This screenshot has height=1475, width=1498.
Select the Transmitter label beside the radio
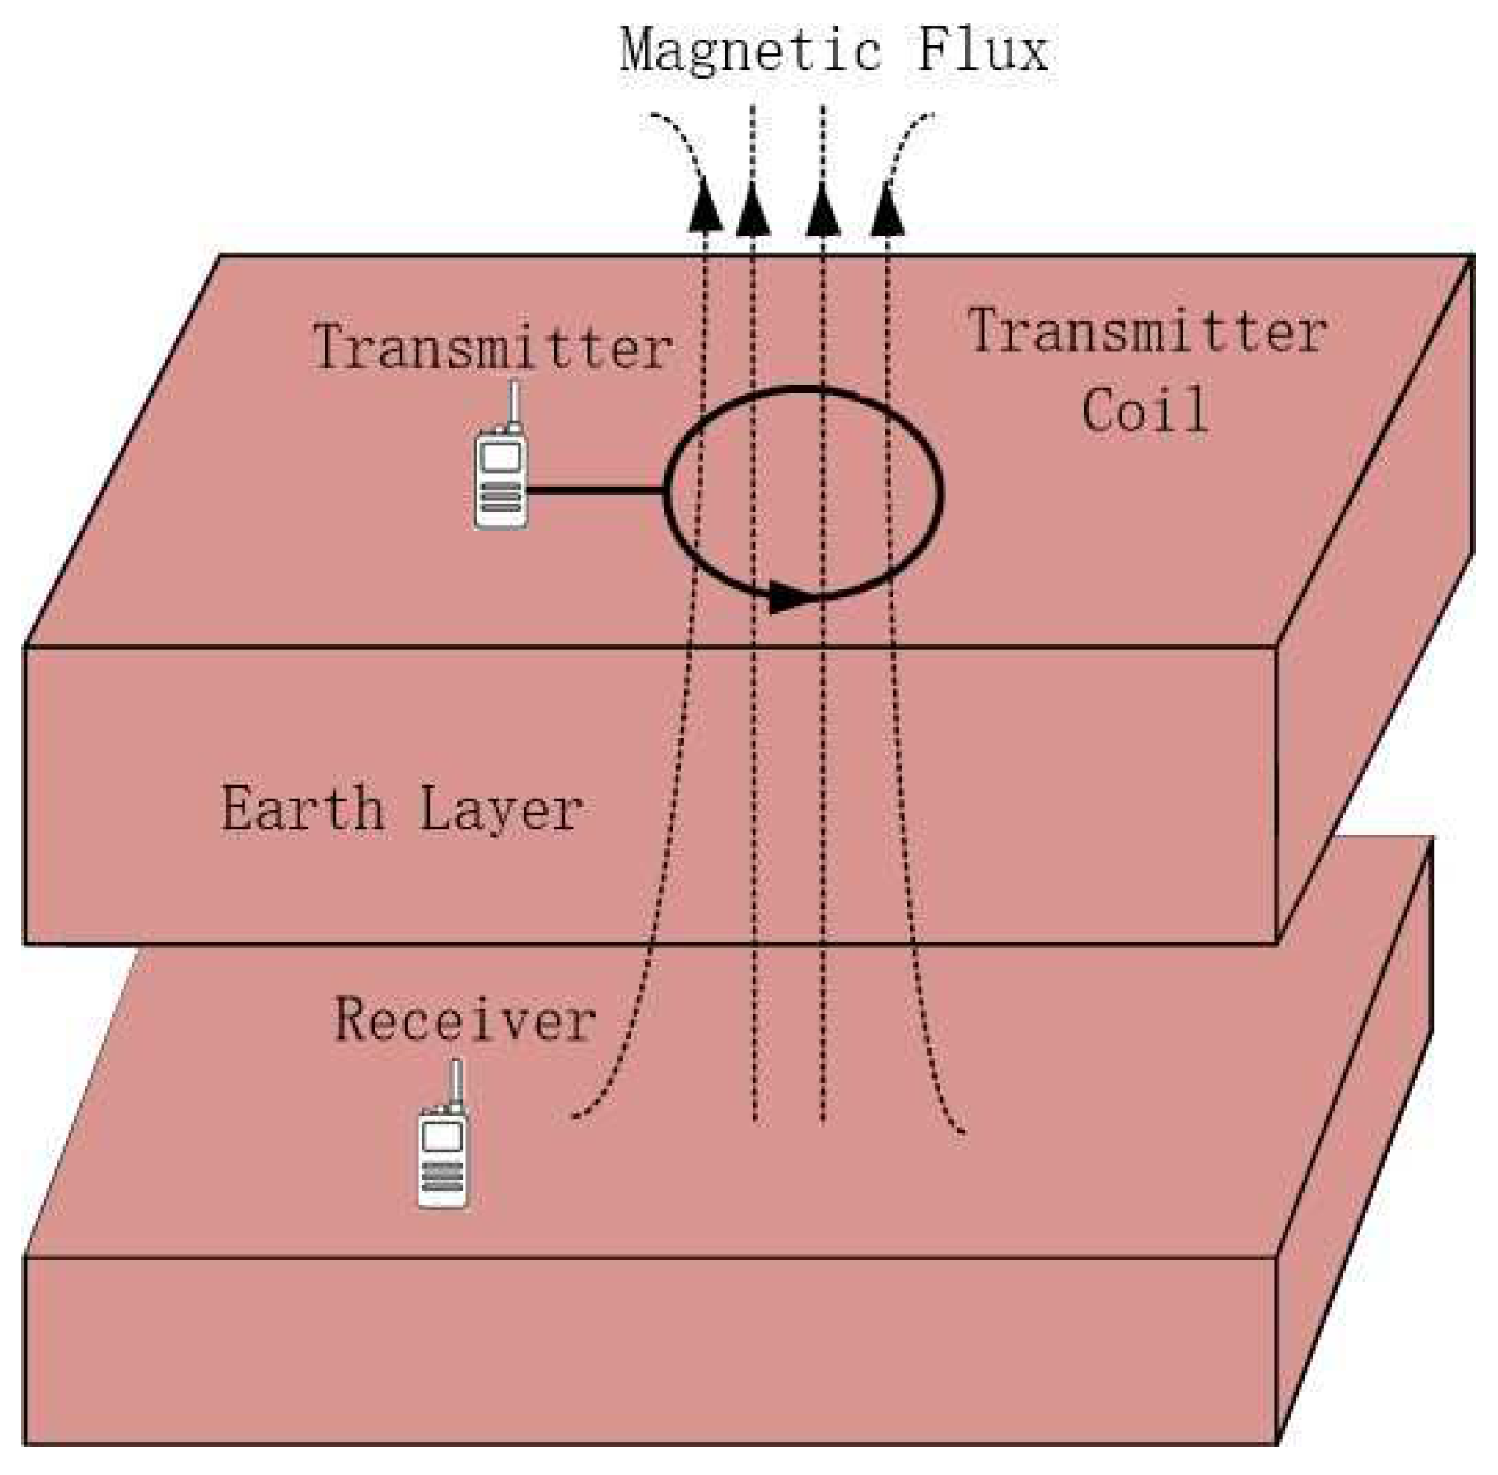[x=492, y=347]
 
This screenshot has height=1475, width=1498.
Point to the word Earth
[x=303, y=808]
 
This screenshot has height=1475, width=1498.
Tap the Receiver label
[x=465, y=1020]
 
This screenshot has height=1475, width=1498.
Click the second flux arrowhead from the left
[x=753, y=209]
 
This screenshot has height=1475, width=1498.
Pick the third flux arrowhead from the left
[x=822, y=209]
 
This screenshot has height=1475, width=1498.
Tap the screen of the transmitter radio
[x=500, y=457]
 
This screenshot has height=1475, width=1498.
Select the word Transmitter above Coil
[x=1147, y=332]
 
